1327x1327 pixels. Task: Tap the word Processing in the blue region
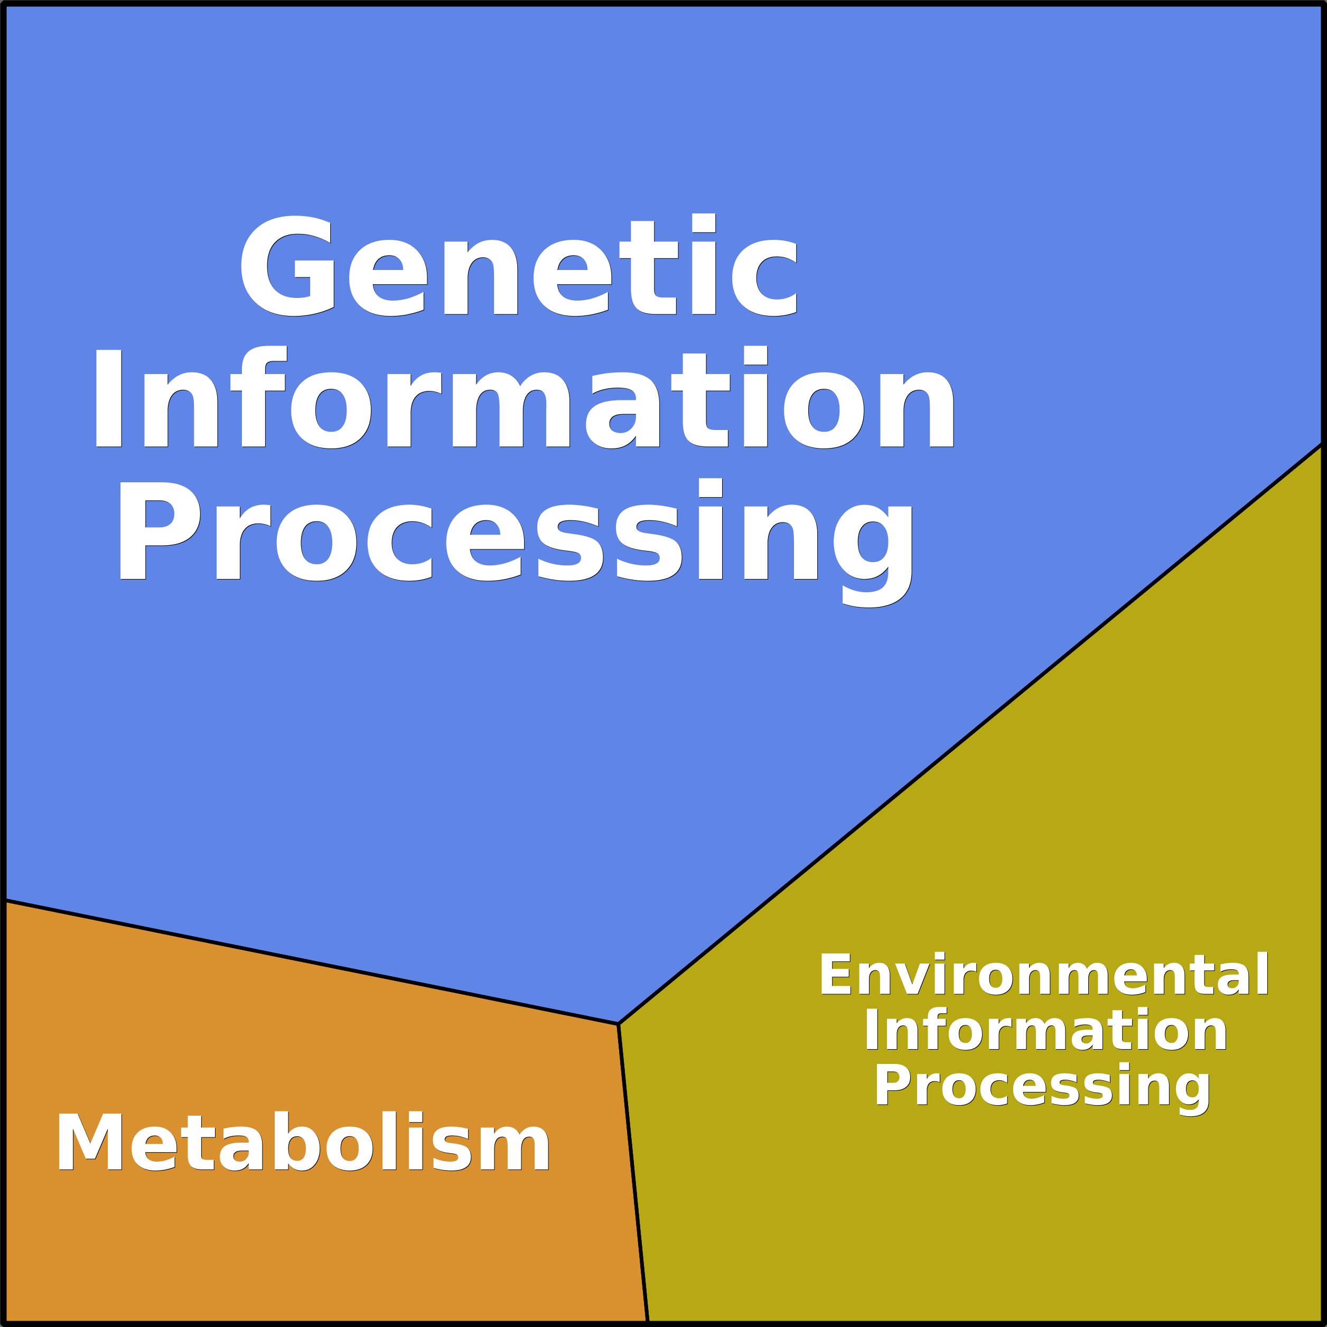tap(515, 543)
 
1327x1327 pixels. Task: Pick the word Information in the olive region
tap(1045, 1030)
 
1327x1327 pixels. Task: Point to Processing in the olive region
tap(1042, 1089)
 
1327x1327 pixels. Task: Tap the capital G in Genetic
tap(287, 266)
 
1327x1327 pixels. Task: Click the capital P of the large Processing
tap(160, 531)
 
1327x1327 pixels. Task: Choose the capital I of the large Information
tap(108, 398)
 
